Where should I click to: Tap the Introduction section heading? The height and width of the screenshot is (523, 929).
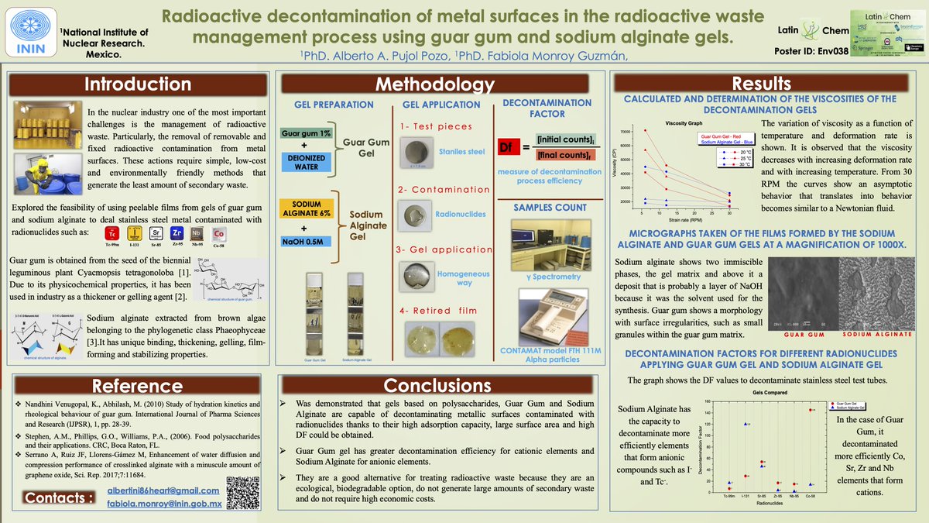(x=138, y=84)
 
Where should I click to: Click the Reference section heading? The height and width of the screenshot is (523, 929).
(x=138, y=385)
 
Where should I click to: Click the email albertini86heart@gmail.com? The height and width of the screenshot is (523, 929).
(x=164, y=491)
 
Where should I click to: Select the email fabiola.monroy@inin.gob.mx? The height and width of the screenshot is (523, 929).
(x=164, y=504)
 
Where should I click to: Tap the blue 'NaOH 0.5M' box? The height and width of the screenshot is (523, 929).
(x=307, y=241)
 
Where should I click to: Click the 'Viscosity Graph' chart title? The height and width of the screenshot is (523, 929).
(x=684, y=123)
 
